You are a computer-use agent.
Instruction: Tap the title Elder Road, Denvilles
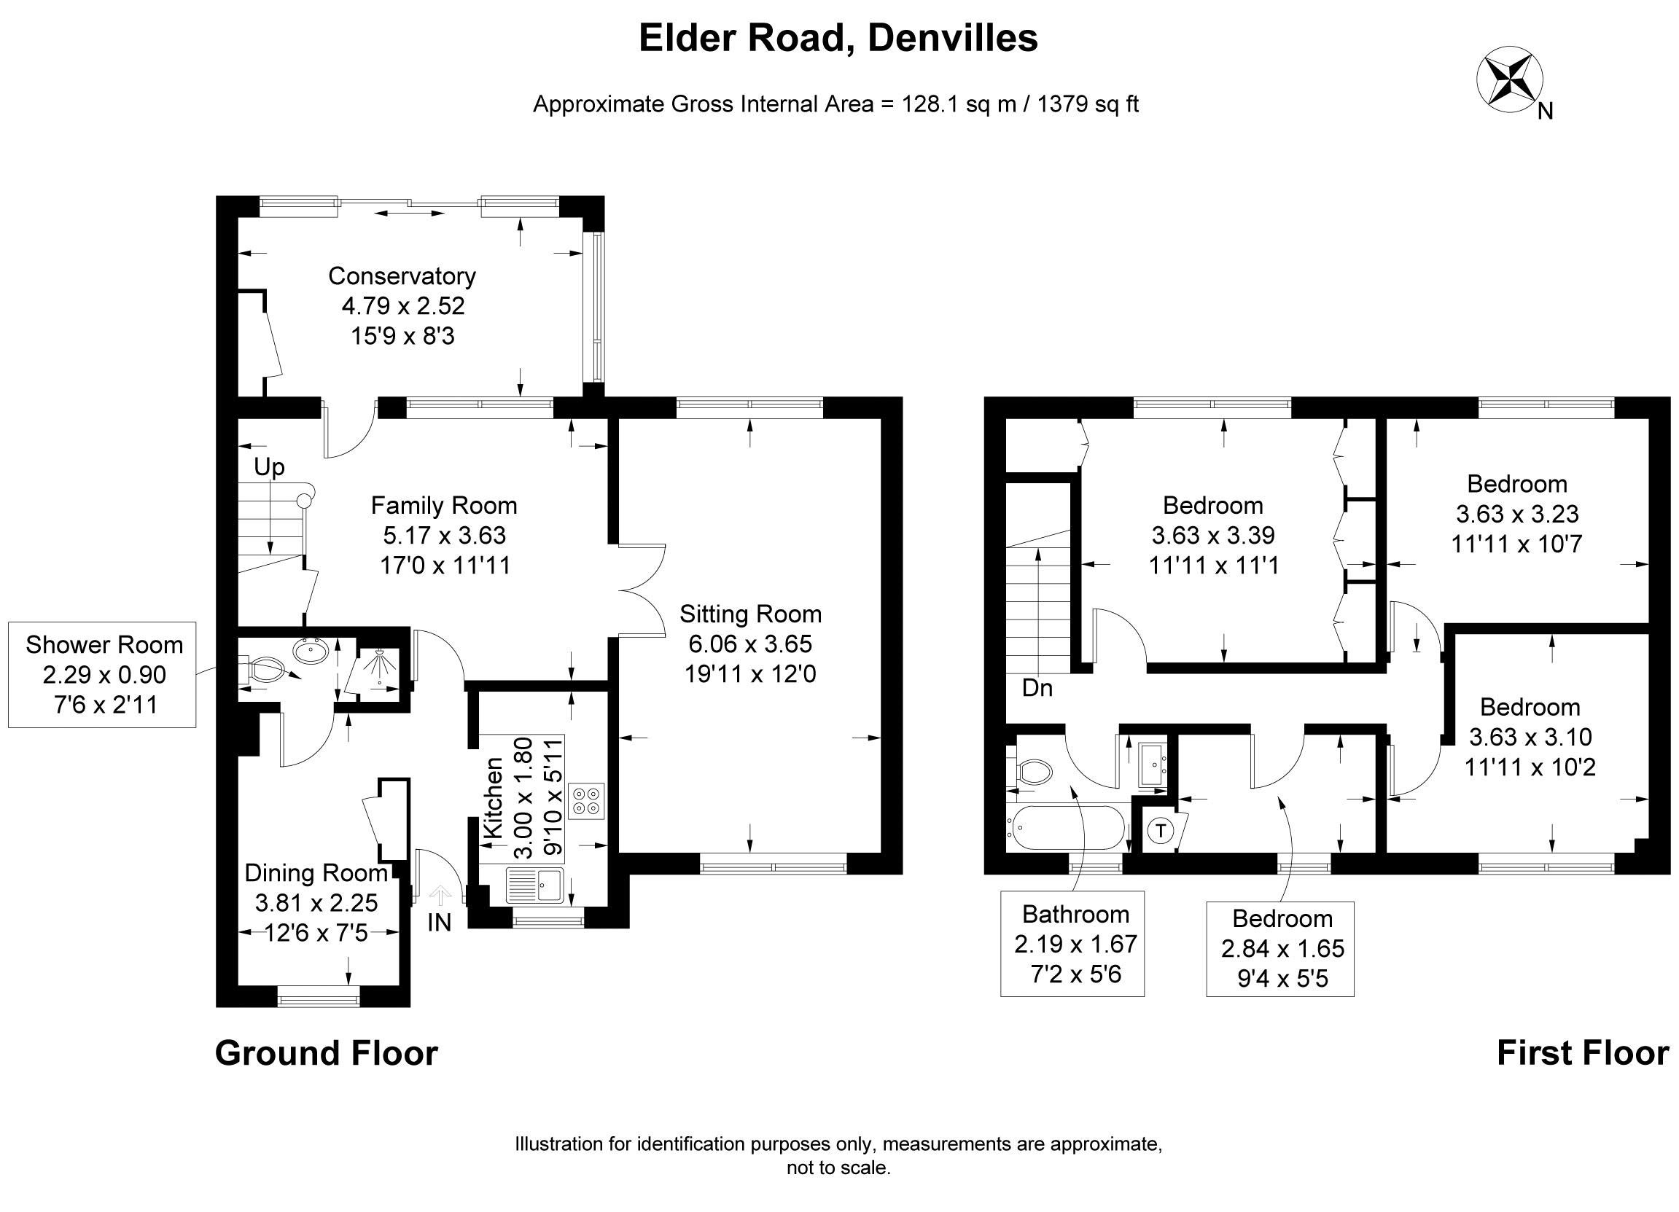tap(838, 39)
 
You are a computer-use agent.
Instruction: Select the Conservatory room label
tap(402, 276)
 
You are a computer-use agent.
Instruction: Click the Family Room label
tap(444, 505)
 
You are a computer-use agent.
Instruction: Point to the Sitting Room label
tap(751, 614)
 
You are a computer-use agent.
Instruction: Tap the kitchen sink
tap(534, 885)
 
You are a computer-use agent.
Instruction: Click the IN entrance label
tap(439, 922)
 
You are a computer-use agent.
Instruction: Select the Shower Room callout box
tap(102, 674)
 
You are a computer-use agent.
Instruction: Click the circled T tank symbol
tap(1161, 831)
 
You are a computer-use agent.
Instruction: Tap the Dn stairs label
tap(1037, 688)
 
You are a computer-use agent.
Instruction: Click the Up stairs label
tap(269, 467)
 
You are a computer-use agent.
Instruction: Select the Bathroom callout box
tap(1072, 943)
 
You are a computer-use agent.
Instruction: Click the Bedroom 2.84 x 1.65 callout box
tap(1280, 949)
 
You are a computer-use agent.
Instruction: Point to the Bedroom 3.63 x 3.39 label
tap(1213, 535)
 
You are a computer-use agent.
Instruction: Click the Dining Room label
tap(316, 873)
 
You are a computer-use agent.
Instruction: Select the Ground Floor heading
tap(327, 1053)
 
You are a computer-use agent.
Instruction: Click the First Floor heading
tap(1583, 1053)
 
